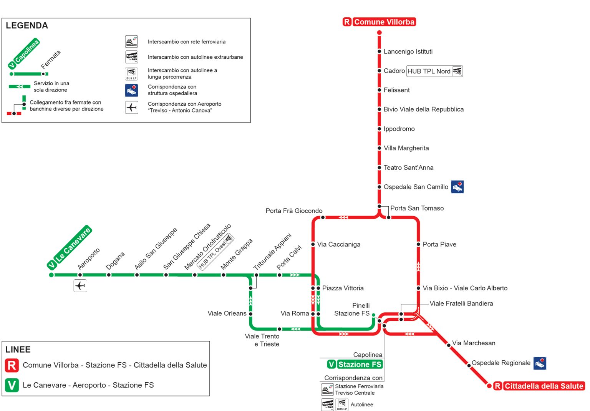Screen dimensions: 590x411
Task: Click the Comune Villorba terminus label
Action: [379, 22]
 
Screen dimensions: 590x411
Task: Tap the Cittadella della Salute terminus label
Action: [539, 386]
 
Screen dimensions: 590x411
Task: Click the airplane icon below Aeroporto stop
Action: [80, 286]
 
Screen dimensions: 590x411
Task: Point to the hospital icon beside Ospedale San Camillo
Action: [457, 187]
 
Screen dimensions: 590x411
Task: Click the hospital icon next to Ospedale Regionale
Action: [540, 363]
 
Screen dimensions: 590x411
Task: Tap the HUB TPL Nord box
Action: [434, 71]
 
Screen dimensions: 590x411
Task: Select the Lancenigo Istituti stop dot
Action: [379, 51]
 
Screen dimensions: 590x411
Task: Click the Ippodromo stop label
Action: [399, 129]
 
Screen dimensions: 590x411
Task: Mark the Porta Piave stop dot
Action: [418, 244]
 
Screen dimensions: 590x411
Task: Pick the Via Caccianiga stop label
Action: [339, 244]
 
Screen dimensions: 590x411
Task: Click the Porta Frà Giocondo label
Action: [294, 211]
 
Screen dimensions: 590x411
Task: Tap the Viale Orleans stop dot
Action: [251, 314]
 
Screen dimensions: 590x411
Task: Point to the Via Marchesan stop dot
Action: [449, 345]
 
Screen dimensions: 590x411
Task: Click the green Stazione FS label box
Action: [355, 365]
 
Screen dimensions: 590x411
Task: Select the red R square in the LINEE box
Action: [12, 365]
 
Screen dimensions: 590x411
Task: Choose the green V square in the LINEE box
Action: [12, 385]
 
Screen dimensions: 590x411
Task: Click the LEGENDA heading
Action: [27, 26]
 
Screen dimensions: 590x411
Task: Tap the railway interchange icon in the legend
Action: [131, 41]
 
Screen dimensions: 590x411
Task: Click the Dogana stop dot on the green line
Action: [109, 275]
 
